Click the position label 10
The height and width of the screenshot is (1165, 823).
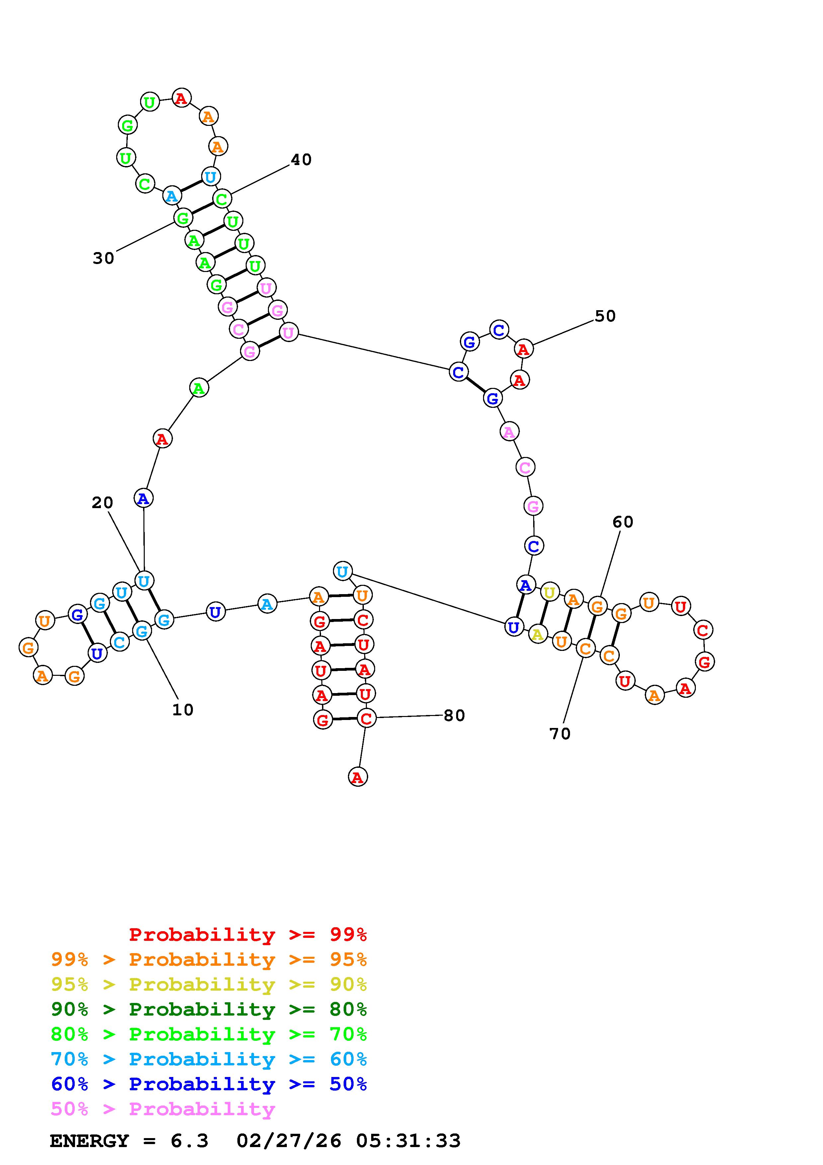(x=183, y=710)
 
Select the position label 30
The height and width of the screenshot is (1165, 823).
(x=104, y=258)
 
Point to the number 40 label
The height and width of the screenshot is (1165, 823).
(x=301, y=160)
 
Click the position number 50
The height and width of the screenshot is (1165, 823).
(x=605, y=316)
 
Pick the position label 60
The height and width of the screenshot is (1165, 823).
(x=623, y=522)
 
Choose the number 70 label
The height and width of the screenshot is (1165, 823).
(x=560, y=734)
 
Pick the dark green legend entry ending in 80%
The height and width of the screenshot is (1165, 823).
(x=209, y=1009)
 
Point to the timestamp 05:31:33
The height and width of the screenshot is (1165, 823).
(x=408, y=1141)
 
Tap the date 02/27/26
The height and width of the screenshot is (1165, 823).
(x=288, y=1141)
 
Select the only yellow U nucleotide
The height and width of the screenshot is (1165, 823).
(x=549, y=592)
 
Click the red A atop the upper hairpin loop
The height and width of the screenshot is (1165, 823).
(x=181, y=97)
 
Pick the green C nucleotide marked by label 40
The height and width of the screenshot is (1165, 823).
(x=221, y=199)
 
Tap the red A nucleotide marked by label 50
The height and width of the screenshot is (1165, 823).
(x=523, y=349)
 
